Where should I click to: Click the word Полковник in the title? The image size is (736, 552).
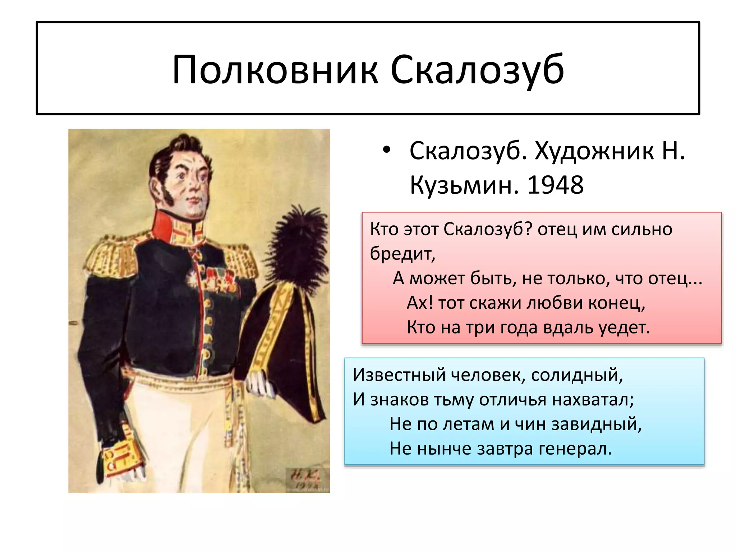tap(275, 70)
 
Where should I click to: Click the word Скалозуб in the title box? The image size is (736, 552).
tap(477, 70)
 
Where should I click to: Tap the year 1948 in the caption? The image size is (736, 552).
tap(555, 185)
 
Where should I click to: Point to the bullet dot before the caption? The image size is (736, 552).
tap(386, 150)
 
